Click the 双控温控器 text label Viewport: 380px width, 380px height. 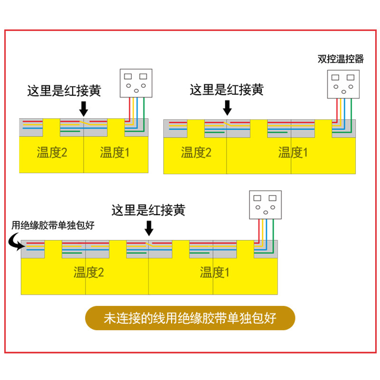341,59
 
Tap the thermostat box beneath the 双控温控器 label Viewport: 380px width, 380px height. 342,84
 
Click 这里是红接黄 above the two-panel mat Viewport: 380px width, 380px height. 64,91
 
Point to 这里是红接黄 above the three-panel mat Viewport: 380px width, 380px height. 227,89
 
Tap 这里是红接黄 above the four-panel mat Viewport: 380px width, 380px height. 148,210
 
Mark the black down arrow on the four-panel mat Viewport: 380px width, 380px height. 149,229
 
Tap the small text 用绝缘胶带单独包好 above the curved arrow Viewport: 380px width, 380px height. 53,226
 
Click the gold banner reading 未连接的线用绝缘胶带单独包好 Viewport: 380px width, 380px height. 190,318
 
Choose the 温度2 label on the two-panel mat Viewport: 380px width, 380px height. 52,152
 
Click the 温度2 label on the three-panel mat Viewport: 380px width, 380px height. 196,152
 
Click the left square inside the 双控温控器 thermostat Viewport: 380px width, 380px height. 335,77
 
